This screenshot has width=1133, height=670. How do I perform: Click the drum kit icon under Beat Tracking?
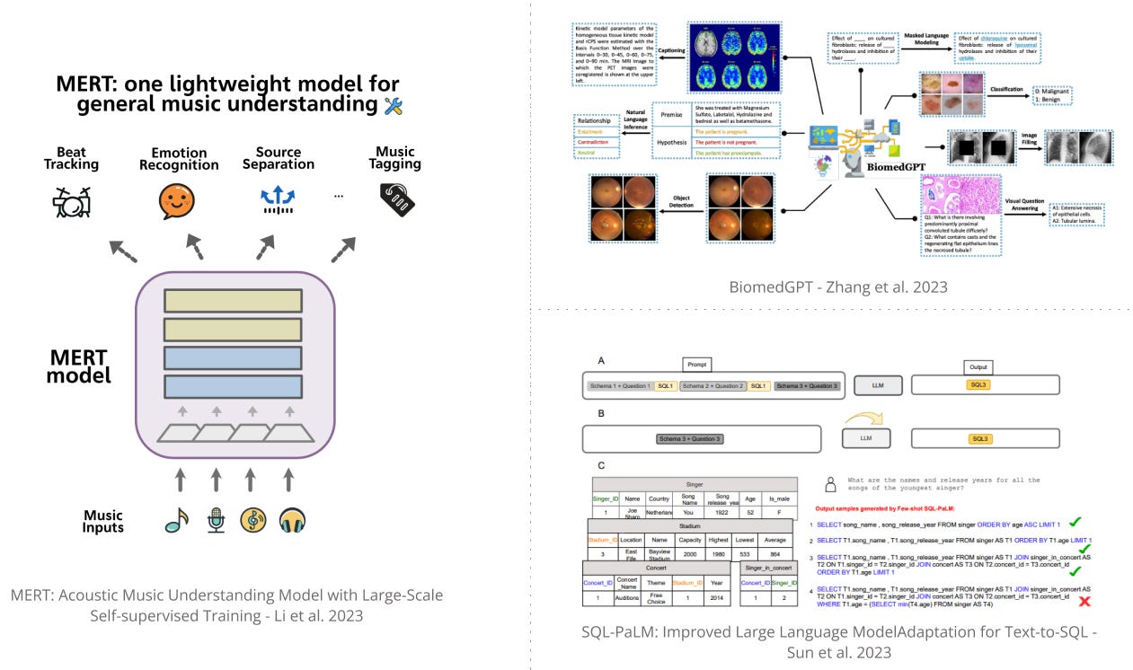coord(71,203)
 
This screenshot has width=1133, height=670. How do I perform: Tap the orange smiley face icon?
coord(177,202)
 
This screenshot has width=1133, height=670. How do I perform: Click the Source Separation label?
coord(279,158)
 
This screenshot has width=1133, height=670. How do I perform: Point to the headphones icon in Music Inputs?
coord(292,520)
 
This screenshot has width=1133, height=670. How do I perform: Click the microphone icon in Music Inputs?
coord(216,520)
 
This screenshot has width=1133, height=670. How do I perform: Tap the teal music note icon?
coord(177,520)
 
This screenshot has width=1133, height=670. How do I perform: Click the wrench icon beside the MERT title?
coord(393,105)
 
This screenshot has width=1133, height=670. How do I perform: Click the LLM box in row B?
coord(867,438)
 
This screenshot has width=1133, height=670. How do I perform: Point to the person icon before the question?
coord(831,484)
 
